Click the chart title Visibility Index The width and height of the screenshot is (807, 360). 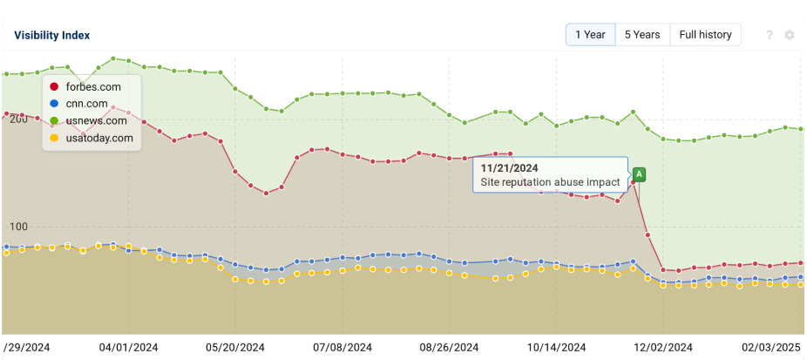51,35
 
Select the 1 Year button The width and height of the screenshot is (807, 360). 590,35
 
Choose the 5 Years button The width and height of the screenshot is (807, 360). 642,35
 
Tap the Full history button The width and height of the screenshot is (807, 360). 705,35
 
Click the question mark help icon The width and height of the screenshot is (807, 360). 770,35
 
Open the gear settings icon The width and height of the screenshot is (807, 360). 790,35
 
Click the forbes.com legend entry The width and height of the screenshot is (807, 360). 92,86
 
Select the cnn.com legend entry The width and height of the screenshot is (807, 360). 86,104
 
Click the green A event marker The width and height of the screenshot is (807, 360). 640,174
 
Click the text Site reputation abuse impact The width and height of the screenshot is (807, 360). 550,182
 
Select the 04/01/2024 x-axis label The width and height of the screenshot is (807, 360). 127,347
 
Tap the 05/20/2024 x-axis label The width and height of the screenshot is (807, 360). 234,347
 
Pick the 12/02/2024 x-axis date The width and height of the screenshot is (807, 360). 663,347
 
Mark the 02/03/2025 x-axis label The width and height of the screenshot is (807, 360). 770,347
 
